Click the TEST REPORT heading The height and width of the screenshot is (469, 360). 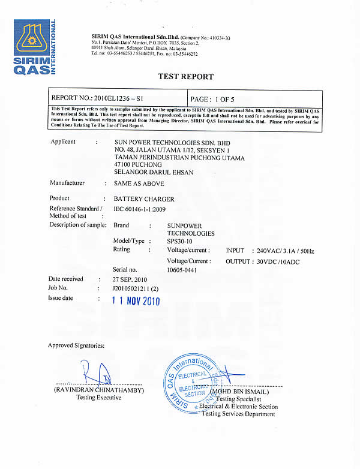185,77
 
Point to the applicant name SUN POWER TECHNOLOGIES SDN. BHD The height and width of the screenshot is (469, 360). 167,143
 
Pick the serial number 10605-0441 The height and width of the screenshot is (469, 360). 182,270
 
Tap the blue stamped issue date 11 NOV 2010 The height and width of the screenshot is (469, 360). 137,301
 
